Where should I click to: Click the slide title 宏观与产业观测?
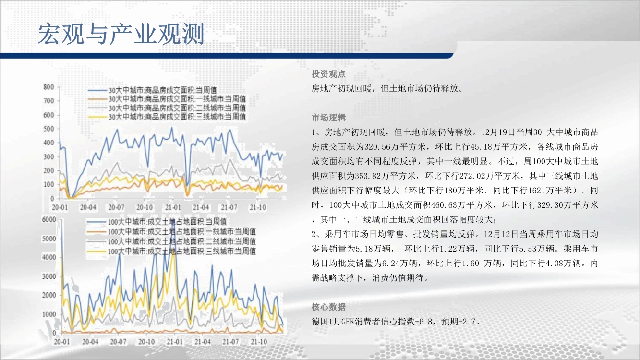point(121,34)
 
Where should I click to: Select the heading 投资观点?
point(328,74)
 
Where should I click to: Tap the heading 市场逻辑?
point(328,118)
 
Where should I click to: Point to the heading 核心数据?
point(328,307)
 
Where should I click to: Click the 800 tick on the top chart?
point(48,87)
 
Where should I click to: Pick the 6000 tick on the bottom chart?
point(49,219)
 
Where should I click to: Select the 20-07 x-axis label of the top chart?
point(116,207)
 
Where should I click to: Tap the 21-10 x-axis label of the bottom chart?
point(259,341)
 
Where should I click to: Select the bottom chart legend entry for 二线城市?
point(171,241)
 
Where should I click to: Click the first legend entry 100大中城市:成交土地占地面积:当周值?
point(157,221)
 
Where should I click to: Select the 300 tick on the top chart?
point(48,156)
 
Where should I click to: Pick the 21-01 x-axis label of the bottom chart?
point(175,341)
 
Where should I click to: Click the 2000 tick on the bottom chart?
point(49,295)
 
